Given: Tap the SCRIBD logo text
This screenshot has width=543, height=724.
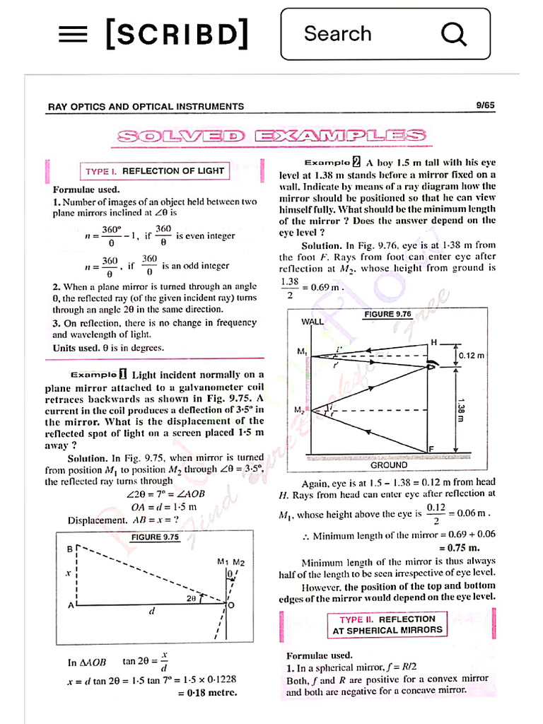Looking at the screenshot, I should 177,34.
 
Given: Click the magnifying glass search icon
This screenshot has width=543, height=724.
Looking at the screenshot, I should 453,34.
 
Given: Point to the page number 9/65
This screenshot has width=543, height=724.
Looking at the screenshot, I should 486,106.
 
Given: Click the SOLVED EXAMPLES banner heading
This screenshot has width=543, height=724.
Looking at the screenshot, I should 271,136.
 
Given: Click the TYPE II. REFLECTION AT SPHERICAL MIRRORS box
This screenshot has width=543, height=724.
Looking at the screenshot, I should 387,624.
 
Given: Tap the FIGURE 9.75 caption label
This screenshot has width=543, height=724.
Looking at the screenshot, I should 155,537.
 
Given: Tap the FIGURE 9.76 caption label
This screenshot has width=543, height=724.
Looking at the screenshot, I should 387,314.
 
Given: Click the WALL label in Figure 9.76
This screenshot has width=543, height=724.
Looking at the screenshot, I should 313,322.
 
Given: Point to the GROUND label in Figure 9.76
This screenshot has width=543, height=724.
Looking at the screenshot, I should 389,465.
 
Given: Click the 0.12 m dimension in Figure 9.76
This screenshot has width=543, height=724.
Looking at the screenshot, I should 472,356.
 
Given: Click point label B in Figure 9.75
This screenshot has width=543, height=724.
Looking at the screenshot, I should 70,548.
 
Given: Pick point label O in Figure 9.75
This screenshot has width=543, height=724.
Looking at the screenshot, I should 232,605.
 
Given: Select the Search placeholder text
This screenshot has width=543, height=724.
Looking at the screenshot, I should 337,34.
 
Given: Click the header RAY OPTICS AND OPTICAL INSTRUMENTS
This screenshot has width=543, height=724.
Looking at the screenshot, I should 146,107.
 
